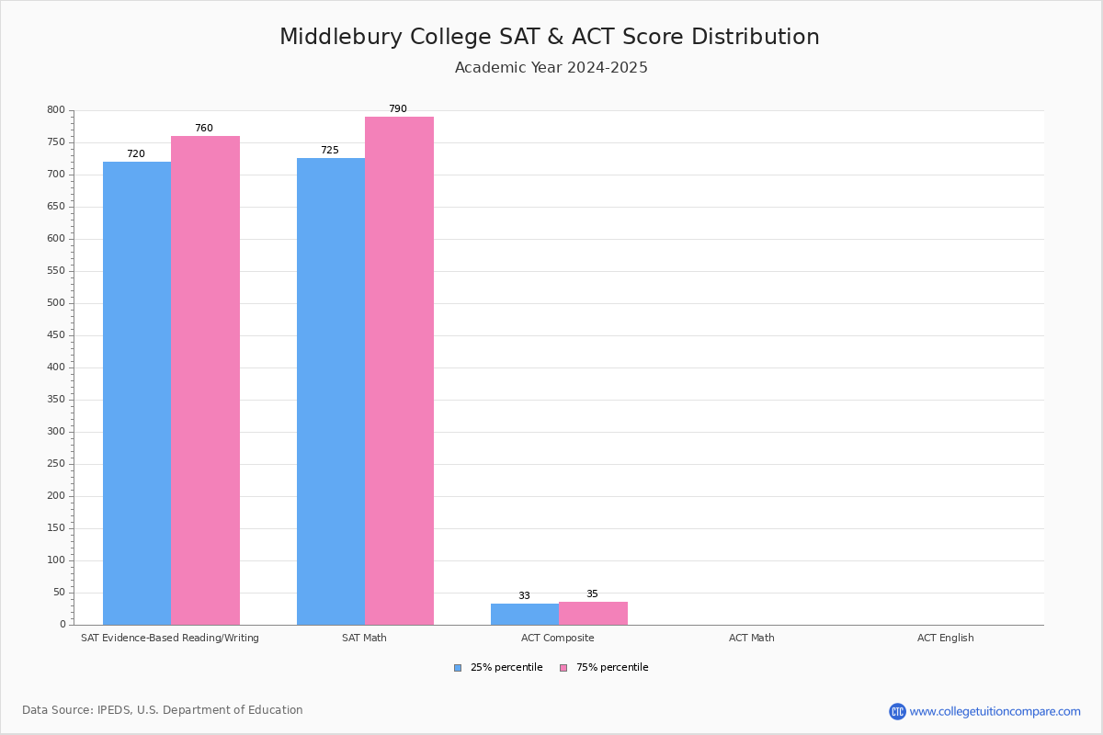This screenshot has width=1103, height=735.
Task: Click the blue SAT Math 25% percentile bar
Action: [x=331, y=390]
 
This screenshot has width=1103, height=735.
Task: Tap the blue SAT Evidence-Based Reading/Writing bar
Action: [x=137, y=392]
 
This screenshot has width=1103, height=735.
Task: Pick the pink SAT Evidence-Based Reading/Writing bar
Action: [x=205, y=379]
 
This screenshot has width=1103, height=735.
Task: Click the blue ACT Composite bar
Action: [x=525, y=614]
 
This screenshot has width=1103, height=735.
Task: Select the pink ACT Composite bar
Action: [x=593, y=613]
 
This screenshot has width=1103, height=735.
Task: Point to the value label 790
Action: [x=397, y=109]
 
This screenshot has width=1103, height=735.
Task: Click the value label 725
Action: [x=329, y=151]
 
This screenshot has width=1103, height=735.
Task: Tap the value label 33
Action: [x=524, y=596]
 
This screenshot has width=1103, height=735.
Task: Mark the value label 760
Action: [x=203, y=129]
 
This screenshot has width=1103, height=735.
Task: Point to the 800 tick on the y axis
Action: [x=56, y=110]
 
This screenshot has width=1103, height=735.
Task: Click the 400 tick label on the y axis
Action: [x=56, y=367]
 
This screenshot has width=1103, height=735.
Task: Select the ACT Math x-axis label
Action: [x=751, y=638]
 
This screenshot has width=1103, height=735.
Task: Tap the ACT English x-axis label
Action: [x=945, y=638]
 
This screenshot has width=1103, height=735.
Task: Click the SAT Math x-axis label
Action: [x=364, y=638]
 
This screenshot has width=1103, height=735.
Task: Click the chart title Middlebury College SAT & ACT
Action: [x=549, y=37]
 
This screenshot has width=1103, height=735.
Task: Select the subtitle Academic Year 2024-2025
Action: [x=551, y=68]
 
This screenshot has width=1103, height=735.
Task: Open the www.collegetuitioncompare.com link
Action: [x=995, y=711]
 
